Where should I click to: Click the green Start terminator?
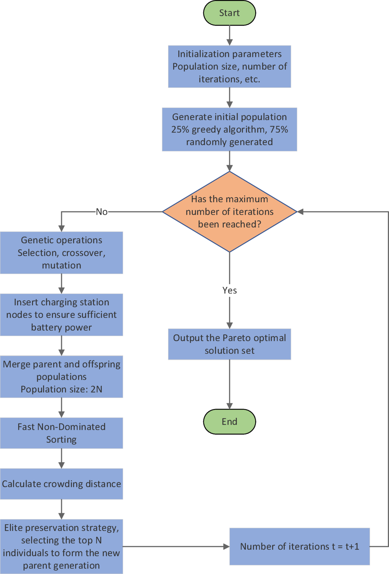(x=229, y=13)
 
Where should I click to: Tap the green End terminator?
(x=229, y=422)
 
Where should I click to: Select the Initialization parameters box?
(x=229, y=67)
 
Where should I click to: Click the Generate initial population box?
(x=229, y=129)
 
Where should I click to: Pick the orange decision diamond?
(x=229, y=212)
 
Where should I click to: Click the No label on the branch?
(x=102, y=212)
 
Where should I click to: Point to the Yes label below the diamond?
(x=229, y=290)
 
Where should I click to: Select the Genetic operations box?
(x=62, y=253)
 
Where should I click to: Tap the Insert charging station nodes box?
(x=62, y=315)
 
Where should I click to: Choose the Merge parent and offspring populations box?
(x=62, y=377)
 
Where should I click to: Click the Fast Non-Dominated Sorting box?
(x=62, y=433)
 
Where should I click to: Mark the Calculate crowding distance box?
(x=62, y=484)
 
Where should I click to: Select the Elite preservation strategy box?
(x=62, y=546)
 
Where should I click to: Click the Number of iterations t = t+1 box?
(x=299, y=546)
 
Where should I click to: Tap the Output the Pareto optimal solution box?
(x=229, y=344)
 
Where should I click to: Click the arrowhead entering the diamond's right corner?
(x=300, y=212)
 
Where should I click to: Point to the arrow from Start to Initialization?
(x=229, y=35)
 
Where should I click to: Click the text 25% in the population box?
(x=180, y=130)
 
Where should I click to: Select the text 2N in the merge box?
(x=97, y=390)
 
